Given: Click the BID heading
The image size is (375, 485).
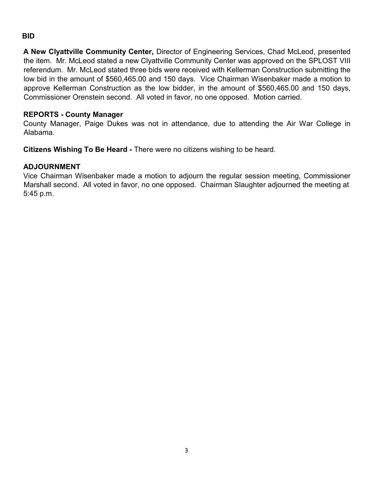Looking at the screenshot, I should point(28,36).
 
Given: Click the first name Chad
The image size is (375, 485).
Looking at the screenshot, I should point(276,52).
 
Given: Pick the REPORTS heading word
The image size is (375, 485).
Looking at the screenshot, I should point(41,115).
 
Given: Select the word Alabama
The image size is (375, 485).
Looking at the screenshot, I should point(39,132).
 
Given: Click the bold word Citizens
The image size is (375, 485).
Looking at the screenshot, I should point(37,150).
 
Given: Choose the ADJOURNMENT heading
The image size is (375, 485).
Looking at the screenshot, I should point(52,167).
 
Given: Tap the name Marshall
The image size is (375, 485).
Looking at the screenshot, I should point(36,185).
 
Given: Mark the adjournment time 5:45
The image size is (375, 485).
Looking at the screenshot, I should point(30,194).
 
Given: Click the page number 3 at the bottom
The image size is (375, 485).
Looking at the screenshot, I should point(186,450).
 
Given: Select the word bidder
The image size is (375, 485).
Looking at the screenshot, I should point(182,88).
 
